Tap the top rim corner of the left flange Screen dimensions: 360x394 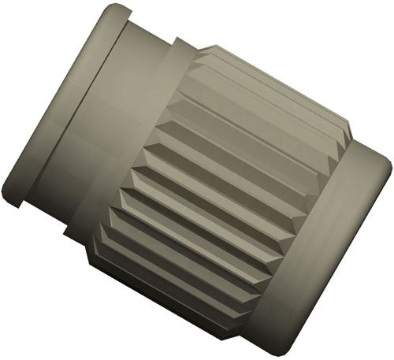(x=118, y=9)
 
